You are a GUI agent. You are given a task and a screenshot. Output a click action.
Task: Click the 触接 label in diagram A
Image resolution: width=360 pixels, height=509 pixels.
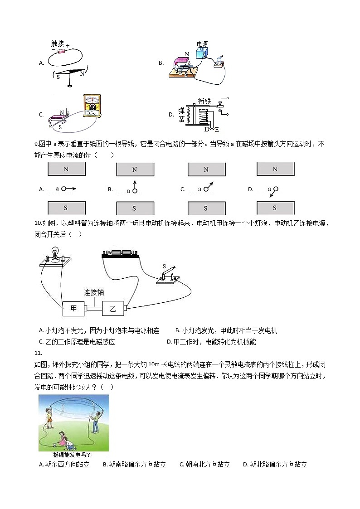tap(58, 44)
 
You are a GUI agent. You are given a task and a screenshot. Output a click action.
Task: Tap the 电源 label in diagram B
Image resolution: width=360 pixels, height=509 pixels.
tap(202, 44)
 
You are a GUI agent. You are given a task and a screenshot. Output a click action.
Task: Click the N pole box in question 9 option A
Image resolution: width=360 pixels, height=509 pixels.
tap(66, 169)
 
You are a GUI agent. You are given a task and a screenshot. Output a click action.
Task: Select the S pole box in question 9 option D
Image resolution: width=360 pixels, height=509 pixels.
tap(274, 208)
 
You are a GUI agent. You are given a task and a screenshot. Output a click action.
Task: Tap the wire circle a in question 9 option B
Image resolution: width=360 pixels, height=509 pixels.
tap(135, 190)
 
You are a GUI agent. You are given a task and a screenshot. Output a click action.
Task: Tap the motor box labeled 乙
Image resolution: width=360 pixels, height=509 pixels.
tap(113, 309)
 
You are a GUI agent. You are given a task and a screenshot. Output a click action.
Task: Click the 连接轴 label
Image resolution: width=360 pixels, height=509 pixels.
tap(93, 292)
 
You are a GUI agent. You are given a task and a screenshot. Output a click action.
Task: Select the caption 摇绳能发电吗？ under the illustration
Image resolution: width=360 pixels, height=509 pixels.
tap(72, 455)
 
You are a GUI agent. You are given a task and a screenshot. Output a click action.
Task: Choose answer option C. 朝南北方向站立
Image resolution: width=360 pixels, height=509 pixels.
tap(205, 464)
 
